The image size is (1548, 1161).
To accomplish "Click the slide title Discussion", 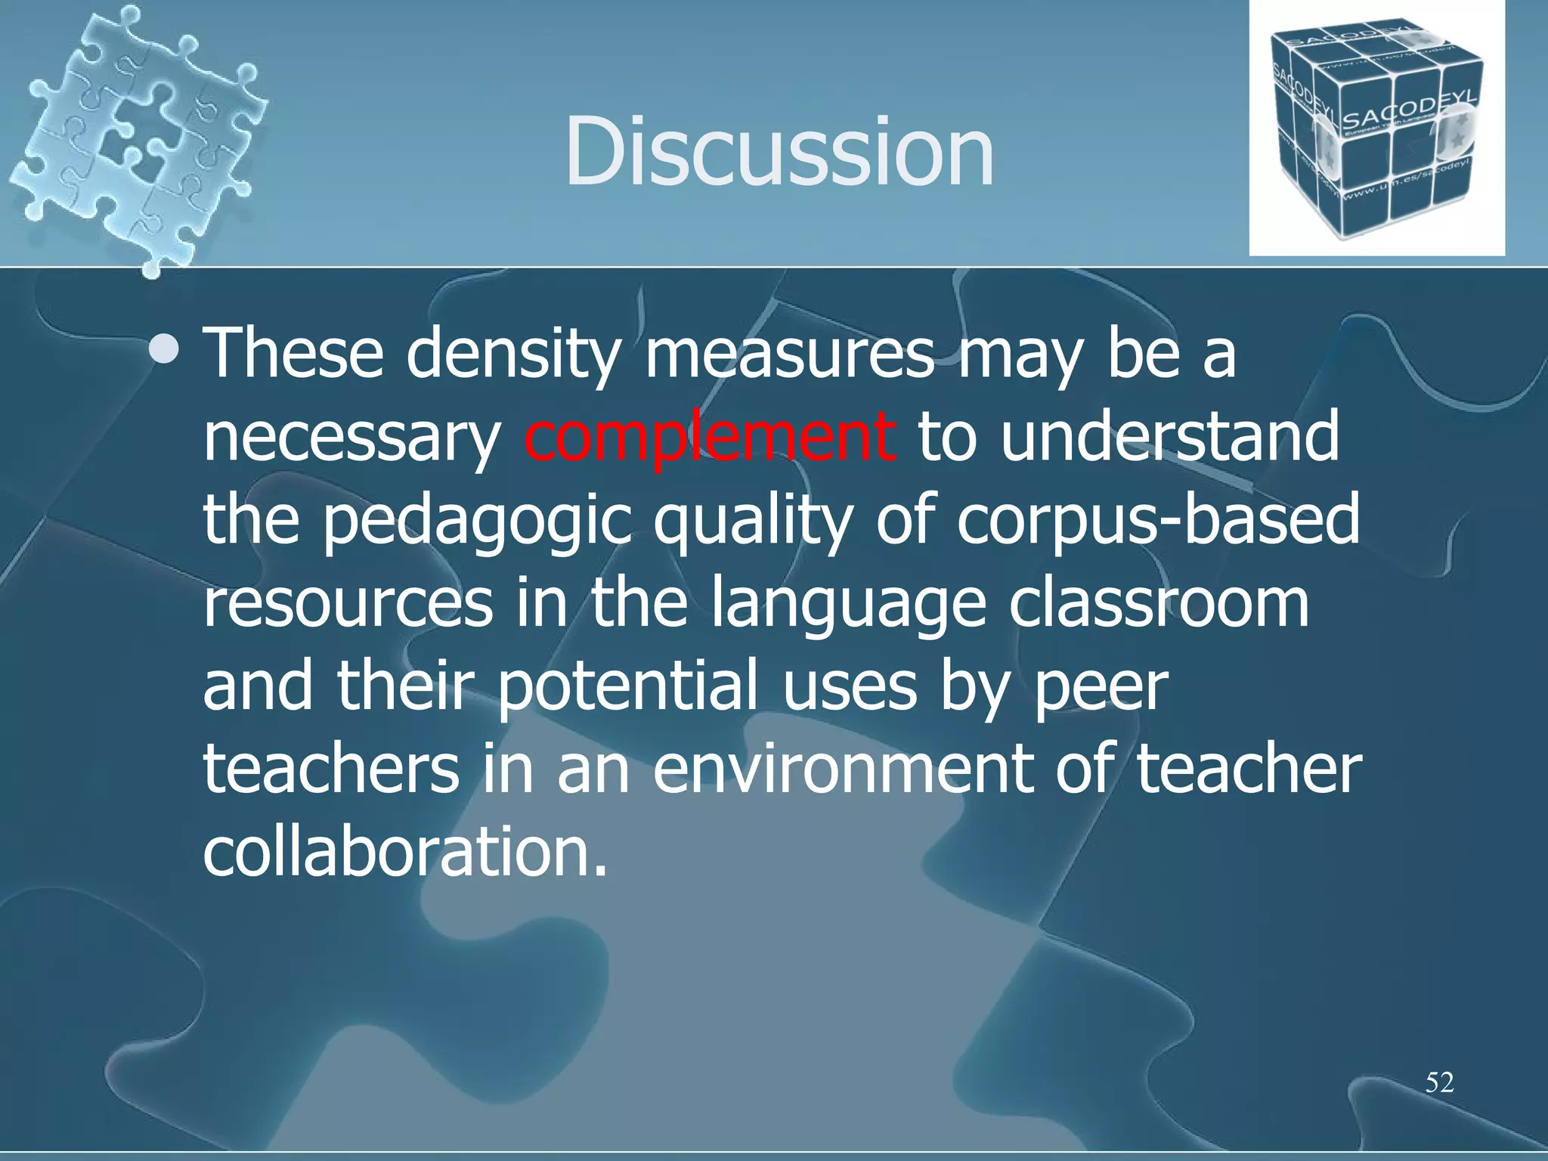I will click(779, 151).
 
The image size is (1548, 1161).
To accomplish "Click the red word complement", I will click(709, 438).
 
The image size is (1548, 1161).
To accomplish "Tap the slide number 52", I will click(1439, 1082).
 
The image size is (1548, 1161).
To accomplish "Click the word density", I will click(513, 354).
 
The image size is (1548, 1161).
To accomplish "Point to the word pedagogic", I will click(477, 521).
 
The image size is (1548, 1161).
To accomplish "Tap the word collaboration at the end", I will click(404, 852).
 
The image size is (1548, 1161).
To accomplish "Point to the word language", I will click(849, 604).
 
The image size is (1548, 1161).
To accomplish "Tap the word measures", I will click(789, 354).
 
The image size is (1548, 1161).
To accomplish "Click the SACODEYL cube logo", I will click(1376, 128).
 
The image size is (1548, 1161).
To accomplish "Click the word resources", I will click(348, 604).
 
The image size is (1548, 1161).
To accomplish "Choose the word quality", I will click(752, 521).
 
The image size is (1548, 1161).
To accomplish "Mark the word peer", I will click(1101, 687).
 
